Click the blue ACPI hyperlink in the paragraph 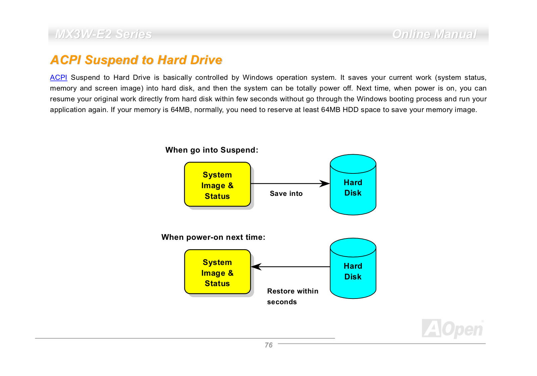(58, 77)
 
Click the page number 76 (268, 345)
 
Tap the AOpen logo (453, 329)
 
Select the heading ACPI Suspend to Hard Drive (136, 60)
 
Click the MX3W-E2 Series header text (103, 34)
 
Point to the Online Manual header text (434, 34)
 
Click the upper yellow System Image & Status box (217, 184)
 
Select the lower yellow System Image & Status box (217, 272)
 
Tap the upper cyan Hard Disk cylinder (353, 185)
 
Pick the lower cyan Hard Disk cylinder (353, 268)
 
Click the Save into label (286, 194)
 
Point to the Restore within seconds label (292, 297)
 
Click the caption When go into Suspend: (212, 150)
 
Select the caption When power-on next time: (213, 237)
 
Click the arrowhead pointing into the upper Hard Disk (325, 183)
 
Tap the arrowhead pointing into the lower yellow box (256, 267)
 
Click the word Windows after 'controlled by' (257, 77)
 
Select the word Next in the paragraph (363, 88)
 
